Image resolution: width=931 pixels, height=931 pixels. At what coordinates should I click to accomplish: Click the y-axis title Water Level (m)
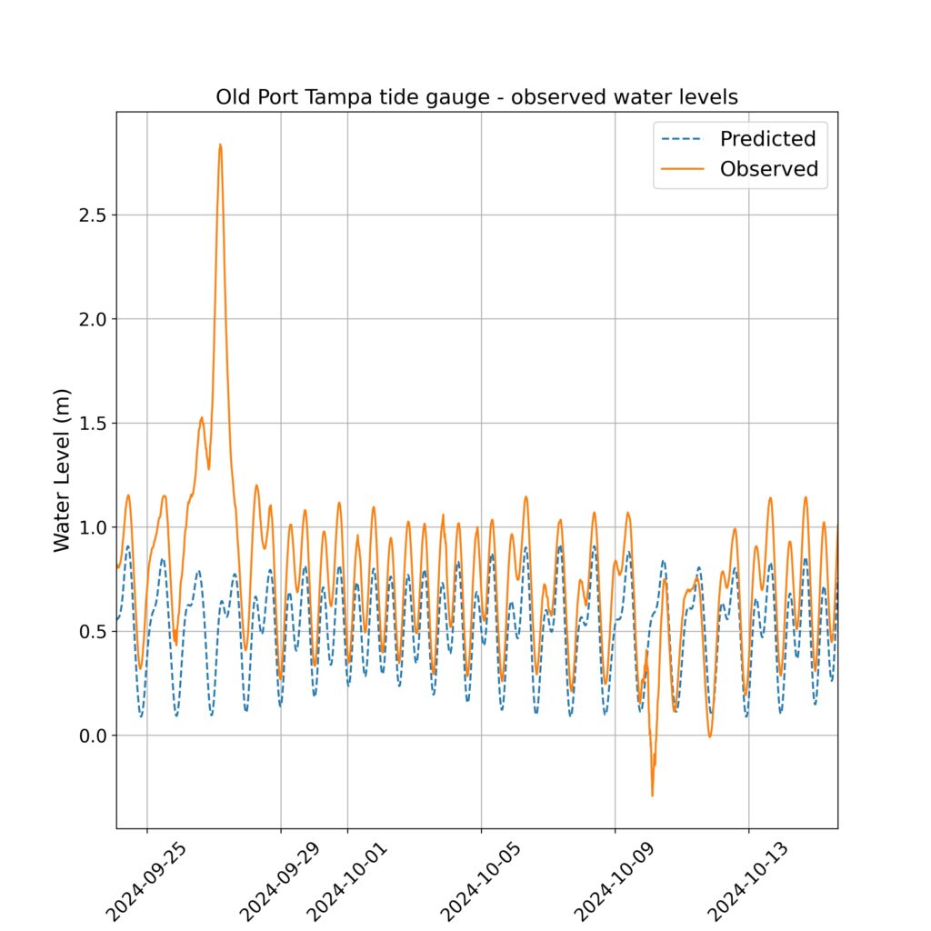coord(62,474)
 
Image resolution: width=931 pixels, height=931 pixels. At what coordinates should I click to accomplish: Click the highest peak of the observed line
coord(220,145)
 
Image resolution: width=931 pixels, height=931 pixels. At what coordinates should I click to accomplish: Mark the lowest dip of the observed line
coord(652,796)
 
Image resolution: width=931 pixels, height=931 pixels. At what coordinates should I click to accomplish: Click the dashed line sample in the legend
coord(684,139)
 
